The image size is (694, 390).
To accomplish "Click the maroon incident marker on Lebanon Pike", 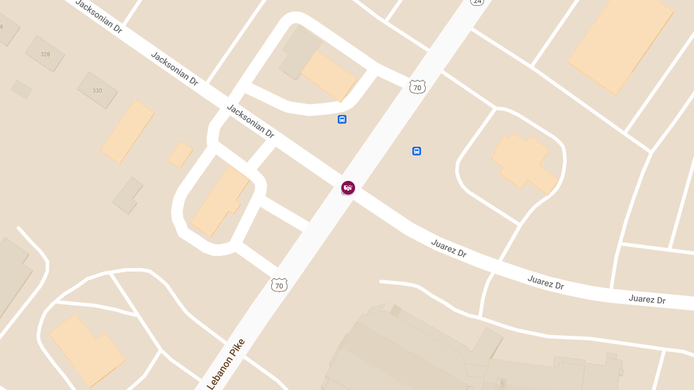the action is (348, 187).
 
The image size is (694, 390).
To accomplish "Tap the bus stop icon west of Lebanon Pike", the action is (342, 120).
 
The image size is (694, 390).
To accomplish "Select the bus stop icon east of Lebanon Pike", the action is (416, 151).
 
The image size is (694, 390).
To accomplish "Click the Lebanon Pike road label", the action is (226, 364).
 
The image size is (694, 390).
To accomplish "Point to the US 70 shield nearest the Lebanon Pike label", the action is (279, 284).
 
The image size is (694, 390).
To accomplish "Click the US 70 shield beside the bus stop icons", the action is (418, 87).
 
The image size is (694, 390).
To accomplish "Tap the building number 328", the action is (45, 54).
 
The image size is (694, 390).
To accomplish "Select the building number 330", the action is (97, 91).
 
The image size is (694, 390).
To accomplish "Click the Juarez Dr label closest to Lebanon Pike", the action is (449, 248).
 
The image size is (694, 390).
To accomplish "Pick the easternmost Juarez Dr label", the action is (647, 299).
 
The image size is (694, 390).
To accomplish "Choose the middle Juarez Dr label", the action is (545, 283).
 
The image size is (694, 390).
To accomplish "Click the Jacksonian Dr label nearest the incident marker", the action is (250, 121).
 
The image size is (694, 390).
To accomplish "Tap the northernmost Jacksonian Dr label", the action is (99, 16).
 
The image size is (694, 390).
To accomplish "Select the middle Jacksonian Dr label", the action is (175, 69).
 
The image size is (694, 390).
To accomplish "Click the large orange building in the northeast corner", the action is (621, 43).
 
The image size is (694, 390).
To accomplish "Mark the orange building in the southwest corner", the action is (87, 350).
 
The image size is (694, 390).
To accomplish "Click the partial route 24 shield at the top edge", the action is (477, 2).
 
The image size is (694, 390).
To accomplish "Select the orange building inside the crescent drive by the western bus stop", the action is (328, 76).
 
